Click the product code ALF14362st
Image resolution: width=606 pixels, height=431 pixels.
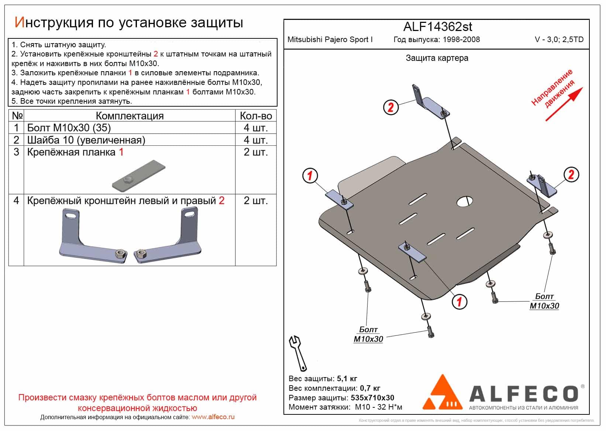pyautogui.click(x=437, y=27)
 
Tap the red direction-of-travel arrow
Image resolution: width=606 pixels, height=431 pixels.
pyautogui.click(x=564, y=104)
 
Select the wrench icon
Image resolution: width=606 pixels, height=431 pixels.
pyautogui.click(x=297, y=353)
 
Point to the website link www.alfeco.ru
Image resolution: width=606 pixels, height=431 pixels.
pyautogui.click(x=213, y=417)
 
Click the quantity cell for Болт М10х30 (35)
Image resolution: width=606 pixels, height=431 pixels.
pyautogui.click(x=255, y=128)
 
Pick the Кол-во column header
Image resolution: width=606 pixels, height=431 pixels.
pyautogui.click(x=255, y=115)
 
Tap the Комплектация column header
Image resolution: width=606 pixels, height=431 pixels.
pyautogui.click(x=130, y=115)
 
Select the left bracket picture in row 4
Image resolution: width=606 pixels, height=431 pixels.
pyautogui.click(x=92, y=236)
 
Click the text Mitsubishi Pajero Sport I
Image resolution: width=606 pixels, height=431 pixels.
pyautogui.click(x=330, y=39)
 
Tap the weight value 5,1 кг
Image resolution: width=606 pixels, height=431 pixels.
pyautogui.click(x=347, y=379)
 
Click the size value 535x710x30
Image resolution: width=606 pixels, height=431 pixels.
pyautogui.click(x=371, y=398)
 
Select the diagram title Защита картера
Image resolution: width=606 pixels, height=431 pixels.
pyautogui.click(x=437, y=58)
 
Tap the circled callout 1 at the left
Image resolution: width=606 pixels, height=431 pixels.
pyautogui.click(x=310, y=175)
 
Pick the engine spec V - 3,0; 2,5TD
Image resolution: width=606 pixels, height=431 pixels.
pyautogui.click(x=559, y=39)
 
